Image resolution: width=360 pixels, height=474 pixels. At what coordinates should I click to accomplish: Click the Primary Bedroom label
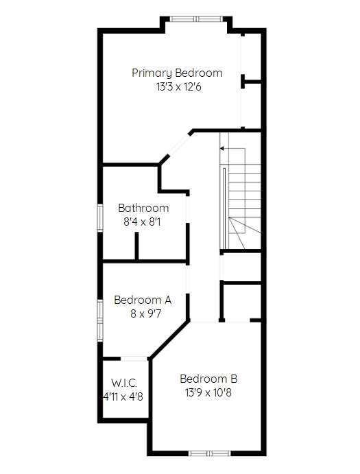tap(177, 73)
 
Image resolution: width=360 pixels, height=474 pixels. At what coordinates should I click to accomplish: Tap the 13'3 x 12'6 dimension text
tap(179, 87)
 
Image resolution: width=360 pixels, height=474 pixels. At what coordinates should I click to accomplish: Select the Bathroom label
tap(143, 208)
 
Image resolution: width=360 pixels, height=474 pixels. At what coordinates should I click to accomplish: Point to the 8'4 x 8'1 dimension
tap(142, 222)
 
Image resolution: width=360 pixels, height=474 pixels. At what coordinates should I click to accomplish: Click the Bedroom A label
tap(143, 300)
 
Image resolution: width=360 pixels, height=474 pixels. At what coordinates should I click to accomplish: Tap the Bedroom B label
tap(208, 379)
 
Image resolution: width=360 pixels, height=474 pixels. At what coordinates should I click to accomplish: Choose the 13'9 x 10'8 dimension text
tap(208, 392)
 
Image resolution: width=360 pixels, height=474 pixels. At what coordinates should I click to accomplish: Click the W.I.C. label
tap(124, 383)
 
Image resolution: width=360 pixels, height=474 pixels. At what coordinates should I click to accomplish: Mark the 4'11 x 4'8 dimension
tap(123, 396)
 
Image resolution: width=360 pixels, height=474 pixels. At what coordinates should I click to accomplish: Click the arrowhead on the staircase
tap(222, 148)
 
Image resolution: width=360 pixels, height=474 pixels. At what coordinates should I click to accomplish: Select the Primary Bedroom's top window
tap(196, 19)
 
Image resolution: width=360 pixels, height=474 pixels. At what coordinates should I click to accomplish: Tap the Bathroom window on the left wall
tap(100, 217)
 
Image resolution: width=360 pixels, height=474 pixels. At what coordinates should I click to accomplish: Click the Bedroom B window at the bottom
tap(209, 453)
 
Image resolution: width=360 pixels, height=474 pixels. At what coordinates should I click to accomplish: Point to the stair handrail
tap(224, 208)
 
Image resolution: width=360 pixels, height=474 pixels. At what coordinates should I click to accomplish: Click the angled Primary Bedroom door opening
tap(179, 145)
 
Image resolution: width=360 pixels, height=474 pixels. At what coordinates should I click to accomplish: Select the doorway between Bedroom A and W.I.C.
tap(134, 359)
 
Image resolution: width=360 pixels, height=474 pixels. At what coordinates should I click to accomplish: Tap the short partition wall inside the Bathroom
tap(136, 246)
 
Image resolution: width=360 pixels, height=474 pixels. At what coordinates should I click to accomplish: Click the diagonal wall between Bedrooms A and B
tap(170, 340)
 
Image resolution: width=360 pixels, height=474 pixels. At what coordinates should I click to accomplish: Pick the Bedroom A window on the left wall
tap(100, 320)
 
